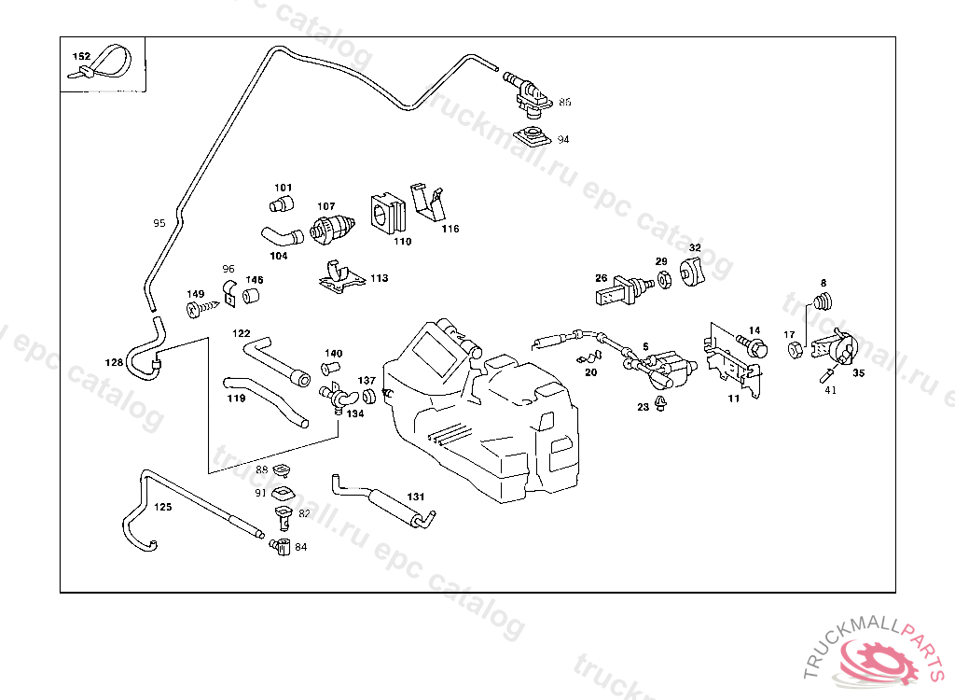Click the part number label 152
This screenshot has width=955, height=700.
pos(82,56)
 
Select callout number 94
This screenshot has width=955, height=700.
pos(563,139)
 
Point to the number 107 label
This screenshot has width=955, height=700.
pos(325,206)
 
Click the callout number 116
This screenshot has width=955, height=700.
pos(450,229)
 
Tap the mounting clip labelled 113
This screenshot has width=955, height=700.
pos(339,277)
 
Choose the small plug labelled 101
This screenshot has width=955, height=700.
pos(280,203)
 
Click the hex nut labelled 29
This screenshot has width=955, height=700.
pos(663,279)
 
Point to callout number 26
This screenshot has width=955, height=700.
pos(602,277)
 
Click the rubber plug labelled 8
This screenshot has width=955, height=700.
pos(823,301)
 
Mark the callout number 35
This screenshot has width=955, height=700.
pos(858,372)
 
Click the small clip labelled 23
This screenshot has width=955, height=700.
pos(661,403)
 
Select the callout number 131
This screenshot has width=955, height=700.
pos(416,497)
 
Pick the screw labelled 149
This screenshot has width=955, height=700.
pos(197,308)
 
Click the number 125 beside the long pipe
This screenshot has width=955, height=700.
pos(162,508)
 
